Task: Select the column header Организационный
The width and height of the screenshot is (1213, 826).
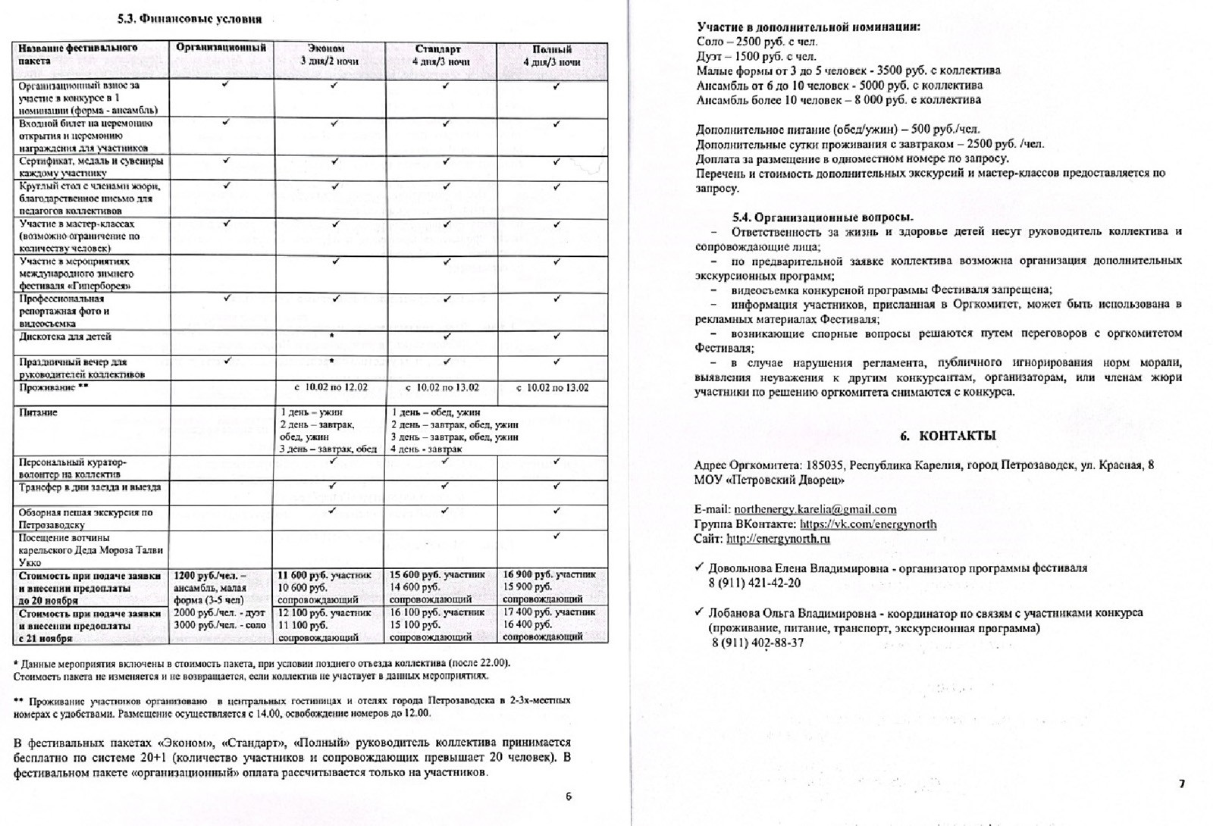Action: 221,47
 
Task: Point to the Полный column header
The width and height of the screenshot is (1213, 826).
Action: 552,55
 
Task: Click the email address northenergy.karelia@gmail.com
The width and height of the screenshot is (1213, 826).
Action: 815,509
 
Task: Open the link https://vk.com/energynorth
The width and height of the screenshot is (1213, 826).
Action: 868,524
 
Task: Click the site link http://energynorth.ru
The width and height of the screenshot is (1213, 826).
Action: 778,539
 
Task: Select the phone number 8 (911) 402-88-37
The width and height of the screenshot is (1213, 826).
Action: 757,643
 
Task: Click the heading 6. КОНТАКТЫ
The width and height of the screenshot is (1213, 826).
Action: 948,436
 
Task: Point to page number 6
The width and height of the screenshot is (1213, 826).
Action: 569,796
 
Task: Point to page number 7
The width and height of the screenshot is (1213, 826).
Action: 1182,784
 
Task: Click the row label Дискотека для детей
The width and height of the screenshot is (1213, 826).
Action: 65,336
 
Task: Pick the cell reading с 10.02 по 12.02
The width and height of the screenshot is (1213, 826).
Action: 331,387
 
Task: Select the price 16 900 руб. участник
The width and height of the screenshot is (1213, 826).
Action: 550,574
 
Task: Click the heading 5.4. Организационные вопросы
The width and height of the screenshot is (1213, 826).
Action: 823,217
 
